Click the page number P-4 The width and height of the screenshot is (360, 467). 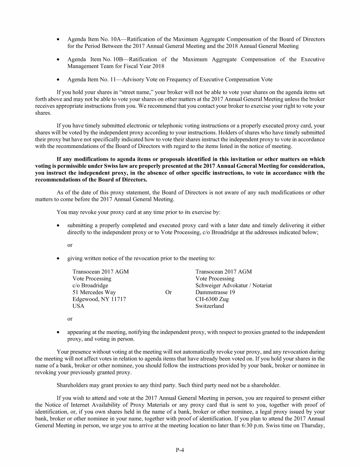(180, 450)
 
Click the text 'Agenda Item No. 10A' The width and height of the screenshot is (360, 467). (94, 39)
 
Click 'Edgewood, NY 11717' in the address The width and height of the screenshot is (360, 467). (99, 299)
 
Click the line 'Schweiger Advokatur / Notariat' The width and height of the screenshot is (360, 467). (233, 285)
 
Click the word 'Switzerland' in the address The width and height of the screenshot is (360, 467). (210, 306)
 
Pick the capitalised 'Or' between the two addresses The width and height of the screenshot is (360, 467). (169, 292)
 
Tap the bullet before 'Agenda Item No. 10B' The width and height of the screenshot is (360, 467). (58, 60)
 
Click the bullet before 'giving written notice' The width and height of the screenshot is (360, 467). (58, 258)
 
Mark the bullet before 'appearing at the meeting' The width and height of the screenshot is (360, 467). (58, 333)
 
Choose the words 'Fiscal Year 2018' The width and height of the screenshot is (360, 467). (130, 67)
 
